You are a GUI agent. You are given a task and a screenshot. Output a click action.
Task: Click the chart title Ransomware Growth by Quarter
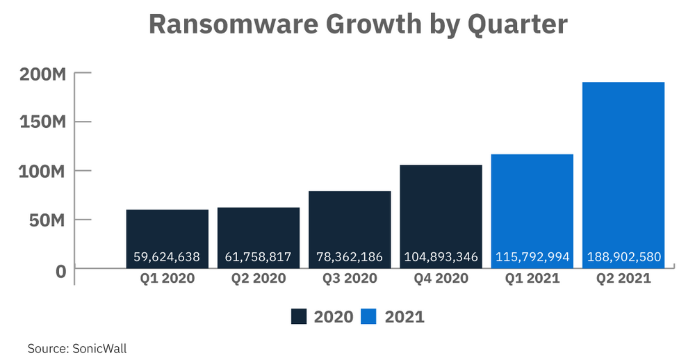(358, 25)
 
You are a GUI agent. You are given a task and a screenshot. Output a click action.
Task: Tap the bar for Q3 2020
(350, 222)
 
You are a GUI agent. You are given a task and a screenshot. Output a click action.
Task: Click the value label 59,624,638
(167, 257)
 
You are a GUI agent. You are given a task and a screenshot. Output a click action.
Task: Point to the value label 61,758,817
(259, 257)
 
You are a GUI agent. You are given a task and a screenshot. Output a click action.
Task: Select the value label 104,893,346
(441, 257)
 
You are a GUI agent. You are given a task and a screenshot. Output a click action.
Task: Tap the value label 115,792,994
(532, 257)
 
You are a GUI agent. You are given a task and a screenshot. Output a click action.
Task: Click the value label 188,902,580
(623, 257)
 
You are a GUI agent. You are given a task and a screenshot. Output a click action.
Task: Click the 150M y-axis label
(44, 122)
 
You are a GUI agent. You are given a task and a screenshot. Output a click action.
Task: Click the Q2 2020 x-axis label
(259, 279)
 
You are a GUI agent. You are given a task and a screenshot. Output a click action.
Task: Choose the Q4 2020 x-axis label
(441, 279)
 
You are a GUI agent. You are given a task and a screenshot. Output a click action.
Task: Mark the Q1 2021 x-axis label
(532, 279)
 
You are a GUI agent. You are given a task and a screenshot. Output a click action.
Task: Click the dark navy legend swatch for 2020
(299, 317)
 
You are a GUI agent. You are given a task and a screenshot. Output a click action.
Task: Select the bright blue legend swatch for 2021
(368, 317)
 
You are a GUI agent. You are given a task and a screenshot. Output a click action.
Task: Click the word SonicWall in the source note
(99, 348)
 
